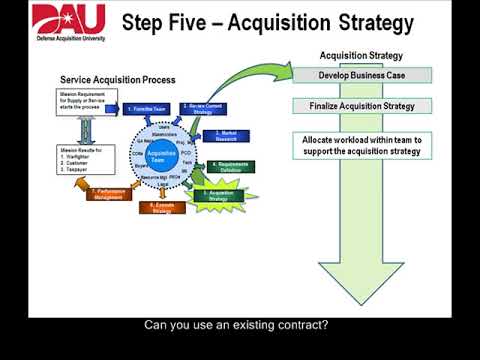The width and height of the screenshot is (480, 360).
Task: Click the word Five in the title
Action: click(213, 22)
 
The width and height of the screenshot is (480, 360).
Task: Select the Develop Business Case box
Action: click(362, 75)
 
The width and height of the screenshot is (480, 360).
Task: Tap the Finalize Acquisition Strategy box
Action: click(362, 105)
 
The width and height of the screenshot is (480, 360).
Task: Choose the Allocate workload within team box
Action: click(362, 145)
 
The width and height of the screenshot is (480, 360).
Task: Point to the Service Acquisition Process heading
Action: click(118, 79)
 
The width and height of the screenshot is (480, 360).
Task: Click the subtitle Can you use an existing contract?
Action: click(237, 325)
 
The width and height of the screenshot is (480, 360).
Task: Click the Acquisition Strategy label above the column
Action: click(361, 56)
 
